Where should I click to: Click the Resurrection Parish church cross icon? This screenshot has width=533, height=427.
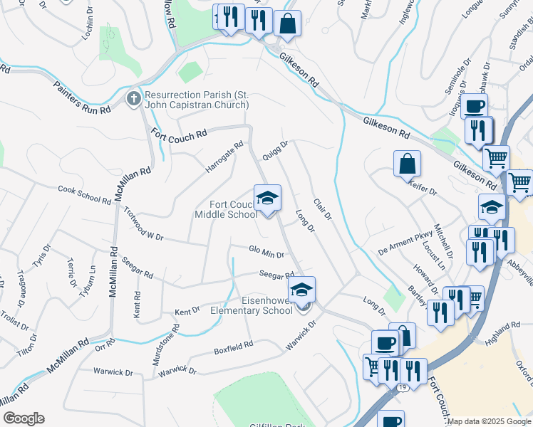(x=133, y=99)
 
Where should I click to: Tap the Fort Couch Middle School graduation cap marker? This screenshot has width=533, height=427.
(x=267, y=198)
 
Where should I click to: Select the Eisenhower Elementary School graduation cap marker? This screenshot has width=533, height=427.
(x=301, y=289)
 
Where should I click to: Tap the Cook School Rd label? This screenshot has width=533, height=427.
(x=84, y=195)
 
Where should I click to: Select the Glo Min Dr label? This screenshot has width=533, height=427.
(x=266, y=252)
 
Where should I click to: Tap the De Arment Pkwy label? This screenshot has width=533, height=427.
(x=405, y=246)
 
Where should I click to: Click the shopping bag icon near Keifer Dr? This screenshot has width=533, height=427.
(x=406, y=163)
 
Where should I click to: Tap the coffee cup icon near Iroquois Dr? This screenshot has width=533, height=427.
(x=474, y=107)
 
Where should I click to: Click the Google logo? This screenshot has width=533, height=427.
(x=24, y=418)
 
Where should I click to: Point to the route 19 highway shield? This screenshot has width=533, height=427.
(x=403, y=386)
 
